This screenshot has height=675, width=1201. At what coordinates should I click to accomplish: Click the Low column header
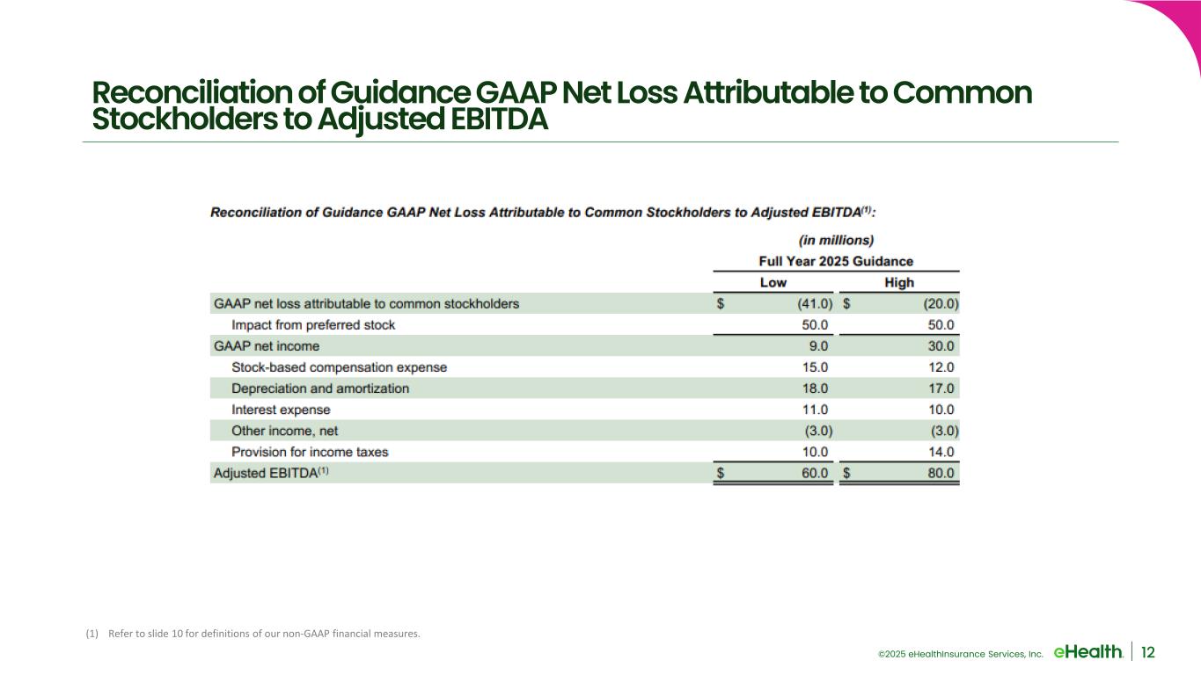773,282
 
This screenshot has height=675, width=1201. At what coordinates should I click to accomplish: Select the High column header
898,282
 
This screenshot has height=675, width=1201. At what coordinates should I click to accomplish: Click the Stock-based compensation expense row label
339,367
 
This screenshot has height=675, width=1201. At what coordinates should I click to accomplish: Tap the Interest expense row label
281,410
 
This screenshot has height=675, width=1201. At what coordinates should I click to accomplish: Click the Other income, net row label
284,431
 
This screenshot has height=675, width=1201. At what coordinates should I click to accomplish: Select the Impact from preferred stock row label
313,325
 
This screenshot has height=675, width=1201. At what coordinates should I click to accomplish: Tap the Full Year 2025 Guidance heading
835,261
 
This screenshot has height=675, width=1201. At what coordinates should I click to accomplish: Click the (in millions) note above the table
835,239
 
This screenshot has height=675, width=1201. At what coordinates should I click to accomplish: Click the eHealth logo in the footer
1087,651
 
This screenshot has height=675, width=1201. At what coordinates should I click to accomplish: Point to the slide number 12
1147,651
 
